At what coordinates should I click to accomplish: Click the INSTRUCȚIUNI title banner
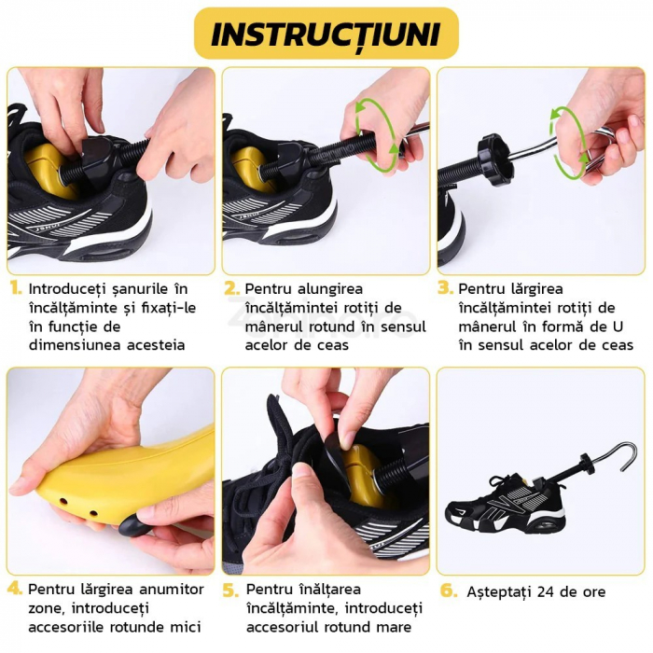click(x=326, y=34)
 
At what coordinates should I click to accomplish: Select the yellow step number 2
click(x=231, y=289)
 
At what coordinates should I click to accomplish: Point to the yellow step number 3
click(x=446, y=289)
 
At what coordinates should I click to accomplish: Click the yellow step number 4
click(x=15, y=590)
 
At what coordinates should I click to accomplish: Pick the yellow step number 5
click(x=231, y=590)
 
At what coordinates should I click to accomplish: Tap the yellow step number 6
click(x=448, y=591)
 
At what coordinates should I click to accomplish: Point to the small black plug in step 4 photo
click(x=131, y=527)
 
